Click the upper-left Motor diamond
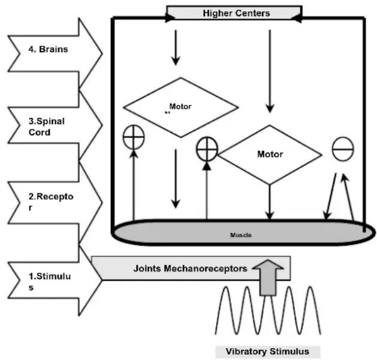(x=180, y=107)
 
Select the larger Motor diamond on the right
(x=270, y=154)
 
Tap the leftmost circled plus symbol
(x=133, y=138)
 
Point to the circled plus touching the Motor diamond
(x=207, y=148)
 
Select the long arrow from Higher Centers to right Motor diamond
(x=270, y=71)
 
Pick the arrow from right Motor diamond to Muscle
(x=270, y=201)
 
